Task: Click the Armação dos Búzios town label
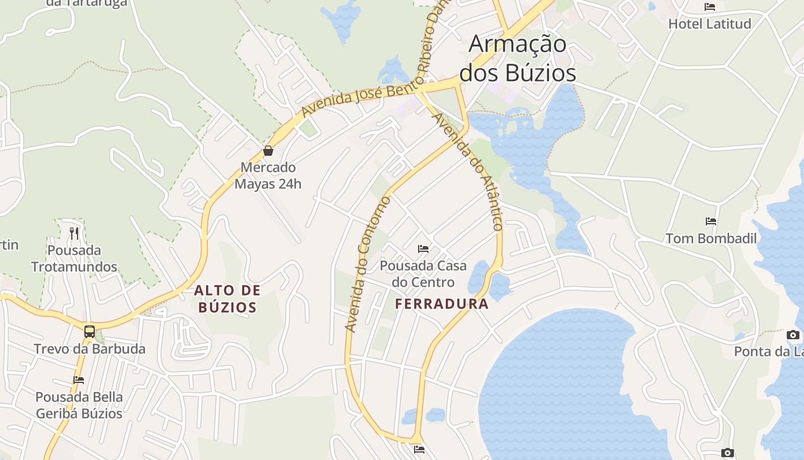517,59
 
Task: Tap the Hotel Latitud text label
710,24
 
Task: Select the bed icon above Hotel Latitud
710,7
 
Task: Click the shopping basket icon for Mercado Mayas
268,151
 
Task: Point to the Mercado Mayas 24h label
268,176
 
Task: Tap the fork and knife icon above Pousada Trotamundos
74,233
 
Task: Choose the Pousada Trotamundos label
74,259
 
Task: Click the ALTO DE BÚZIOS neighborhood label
227,299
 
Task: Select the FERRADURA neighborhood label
442,304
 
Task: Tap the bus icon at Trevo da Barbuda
90,331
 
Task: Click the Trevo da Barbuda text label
90,349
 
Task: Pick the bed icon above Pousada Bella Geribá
79,380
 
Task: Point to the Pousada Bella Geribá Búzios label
79,405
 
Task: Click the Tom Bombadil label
711,239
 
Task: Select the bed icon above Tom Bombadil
711,221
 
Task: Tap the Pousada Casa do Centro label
423,274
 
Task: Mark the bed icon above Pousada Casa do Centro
423,249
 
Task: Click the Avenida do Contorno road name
368,264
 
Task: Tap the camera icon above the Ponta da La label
793,335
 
